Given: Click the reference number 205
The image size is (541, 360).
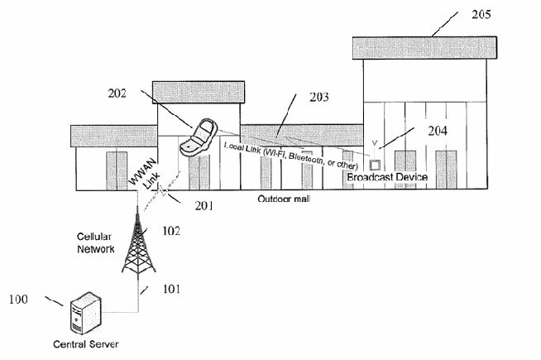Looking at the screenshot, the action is click(481, 14).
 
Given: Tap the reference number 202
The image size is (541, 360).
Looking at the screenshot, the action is click(117, 94).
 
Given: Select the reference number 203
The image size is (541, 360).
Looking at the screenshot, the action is click(318, 97).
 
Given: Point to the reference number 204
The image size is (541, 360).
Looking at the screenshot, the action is click(438, 131).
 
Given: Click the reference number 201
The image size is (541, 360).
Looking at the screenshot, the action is click(204, 206).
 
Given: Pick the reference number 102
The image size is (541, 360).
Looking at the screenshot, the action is click(171, 231).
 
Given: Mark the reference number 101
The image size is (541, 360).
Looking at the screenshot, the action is click(171, 289).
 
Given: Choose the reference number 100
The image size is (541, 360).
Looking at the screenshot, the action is click(18, 299).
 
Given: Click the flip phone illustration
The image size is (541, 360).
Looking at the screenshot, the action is click(198, 138).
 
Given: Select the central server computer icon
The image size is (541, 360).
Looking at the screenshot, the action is click(86, 313).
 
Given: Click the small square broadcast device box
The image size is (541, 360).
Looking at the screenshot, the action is click(375, 165).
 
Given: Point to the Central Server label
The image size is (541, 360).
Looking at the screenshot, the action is click(86, 344).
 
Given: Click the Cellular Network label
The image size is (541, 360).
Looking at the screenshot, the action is click(96, 243).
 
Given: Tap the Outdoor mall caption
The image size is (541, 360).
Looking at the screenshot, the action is click(284, 199).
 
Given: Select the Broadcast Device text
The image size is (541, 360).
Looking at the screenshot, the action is click(387, 177).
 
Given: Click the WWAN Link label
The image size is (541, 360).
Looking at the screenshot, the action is click(145, 175).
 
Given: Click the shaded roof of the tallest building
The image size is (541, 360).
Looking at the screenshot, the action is click(424, 48).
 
